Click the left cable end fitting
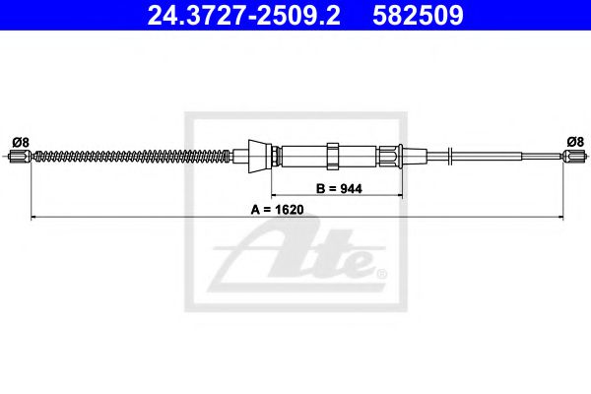click(19, 156)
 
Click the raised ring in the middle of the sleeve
click(332, 156)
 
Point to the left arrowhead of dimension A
click(35, 217)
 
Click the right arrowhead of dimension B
click(400, 196)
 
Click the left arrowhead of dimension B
click(276, 196)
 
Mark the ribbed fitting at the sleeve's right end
click(392, 155)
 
